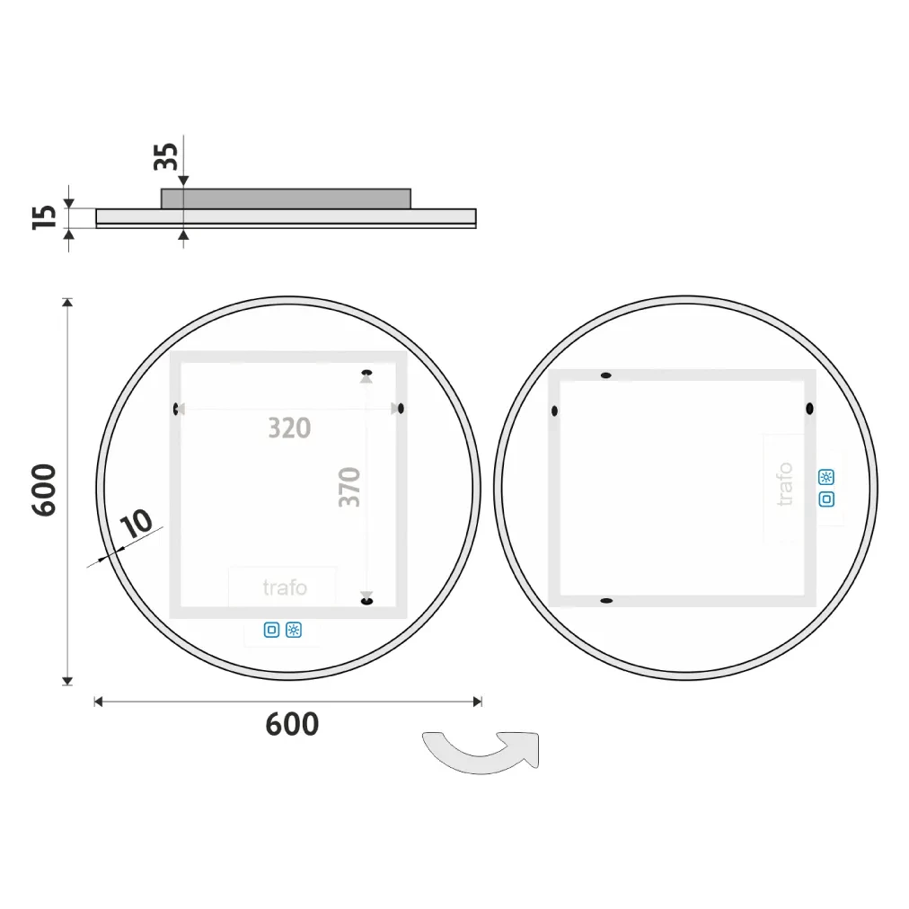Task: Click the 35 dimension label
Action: pos(166,156)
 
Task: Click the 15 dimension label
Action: pos(44,217)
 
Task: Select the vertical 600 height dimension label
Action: pos(44,490)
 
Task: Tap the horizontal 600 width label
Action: pos(292,724)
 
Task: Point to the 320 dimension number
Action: pos(289,428)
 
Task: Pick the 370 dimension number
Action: pos(349,487)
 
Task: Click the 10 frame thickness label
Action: pos(137,524)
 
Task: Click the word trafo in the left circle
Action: pos(285,587)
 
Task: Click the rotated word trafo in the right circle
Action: pos(784,484)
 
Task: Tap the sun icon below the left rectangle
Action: pos(294,630)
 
